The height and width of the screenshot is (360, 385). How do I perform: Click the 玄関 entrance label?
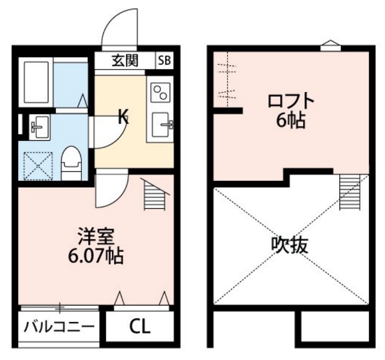click(125, 61)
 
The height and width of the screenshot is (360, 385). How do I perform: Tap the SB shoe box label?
click(165, 61)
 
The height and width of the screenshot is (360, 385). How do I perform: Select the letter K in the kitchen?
click(123, 116)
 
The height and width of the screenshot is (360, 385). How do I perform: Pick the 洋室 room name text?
click(96, 236)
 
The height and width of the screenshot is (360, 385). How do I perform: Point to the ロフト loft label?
click(291, 101)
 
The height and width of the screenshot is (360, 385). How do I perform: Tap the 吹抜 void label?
click(290, 246)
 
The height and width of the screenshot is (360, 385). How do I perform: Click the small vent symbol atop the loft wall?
click(330, 45)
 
